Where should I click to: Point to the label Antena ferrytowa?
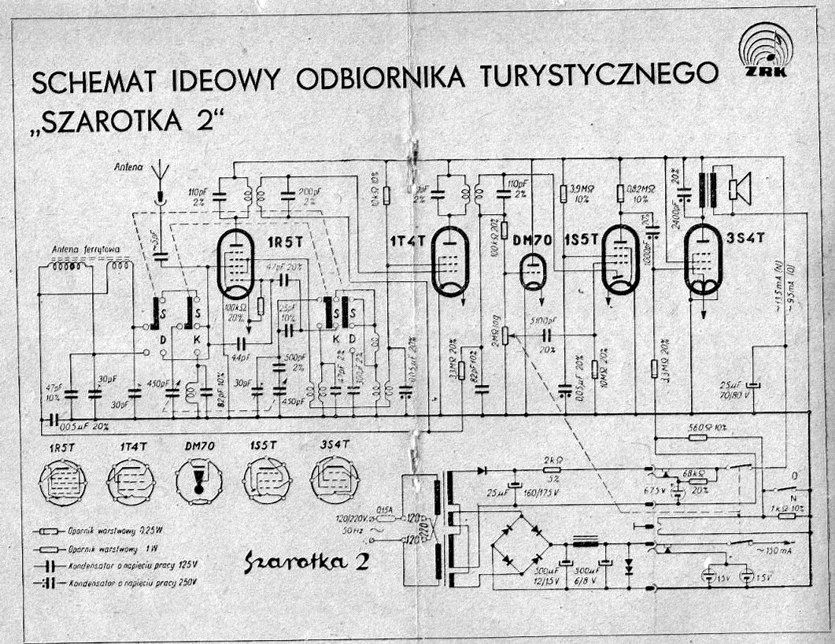tap(86, 251)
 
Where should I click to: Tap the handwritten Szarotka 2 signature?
tap(306, 561)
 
